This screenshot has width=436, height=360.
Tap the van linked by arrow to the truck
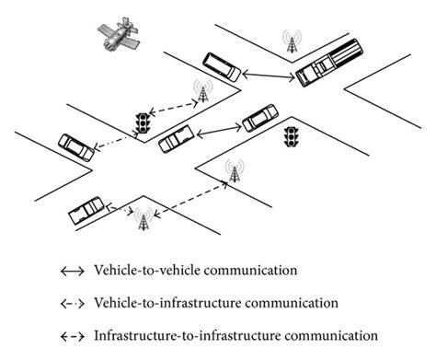tap(220, 66)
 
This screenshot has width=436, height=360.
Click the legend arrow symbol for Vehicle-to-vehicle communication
tap(71, 273)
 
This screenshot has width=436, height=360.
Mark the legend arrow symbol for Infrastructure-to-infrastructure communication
tap(71, 333)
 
